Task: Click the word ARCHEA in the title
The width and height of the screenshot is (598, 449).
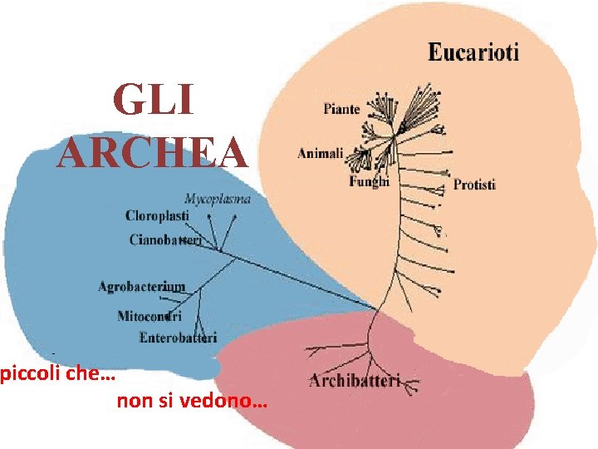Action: tap(153, 152)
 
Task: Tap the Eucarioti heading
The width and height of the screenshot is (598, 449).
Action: tap(473, 53)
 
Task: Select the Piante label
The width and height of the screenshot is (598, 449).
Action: tap(341, 109)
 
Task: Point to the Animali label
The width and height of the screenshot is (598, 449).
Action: tap(320, 153)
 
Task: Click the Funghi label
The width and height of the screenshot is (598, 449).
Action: tap(369, 181)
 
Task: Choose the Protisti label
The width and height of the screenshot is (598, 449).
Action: tap(474, 185)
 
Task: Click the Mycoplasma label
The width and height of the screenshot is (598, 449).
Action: tap(218, 199)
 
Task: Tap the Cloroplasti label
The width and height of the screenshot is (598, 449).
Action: tap(157, 216)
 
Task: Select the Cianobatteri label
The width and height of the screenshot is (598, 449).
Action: tap(165, 240)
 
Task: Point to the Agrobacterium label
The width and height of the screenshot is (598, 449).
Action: tap(141, 287)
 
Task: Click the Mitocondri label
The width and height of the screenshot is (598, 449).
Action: tap(149, 317)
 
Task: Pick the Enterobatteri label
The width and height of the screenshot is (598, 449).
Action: tap(178, 338)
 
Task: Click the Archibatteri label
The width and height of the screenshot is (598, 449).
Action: tap(354, 382)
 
